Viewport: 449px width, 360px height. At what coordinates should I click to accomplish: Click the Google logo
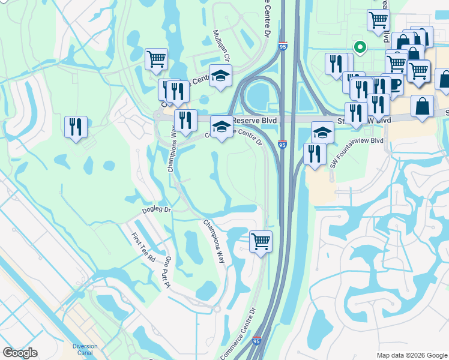pyautogui.click(x=20, y=353)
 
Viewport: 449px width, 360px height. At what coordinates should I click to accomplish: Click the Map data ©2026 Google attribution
pyautogui.click(x=412, y=355)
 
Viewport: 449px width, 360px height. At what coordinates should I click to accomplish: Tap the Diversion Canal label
pyautogui.click(x=85, y=349)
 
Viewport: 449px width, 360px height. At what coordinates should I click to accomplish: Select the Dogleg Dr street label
pyautogui.click(x=157, y=211)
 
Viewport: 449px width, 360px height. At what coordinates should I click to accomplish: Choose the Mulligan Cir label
pyautogui.click(x=222, y=46)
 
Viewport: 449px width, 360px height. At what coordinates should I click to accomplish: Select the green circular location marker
pyautogui.click(x=360, y=46)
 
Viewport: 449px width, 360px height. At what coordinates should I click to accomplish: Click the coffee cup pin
pyautogui.click(x=395, y=85)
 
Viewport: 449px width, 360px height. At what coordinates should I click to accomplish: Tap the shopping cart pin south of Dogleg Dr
pyautogui.click(x=261, y=242)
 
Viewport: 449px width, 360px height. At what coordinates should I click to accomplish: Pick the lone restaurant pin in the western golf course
pyautogui.click(x=76, y=127)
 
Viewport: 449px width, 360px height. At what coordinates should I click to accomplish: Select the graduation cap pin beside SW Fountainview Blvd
pyautogui.click(x=322, y=132)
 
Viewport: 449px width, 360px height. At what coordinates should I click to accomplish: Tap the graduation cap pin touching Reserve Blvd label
pyautogui.click(x=221, y=127)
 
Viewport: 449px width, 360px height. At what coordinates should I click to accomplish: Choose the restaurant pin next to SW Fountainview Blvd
pyautogui.click(x=315, y=154)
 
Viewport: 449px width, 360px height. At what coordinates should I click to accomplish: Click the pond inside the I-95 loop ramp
pyautogui.click(x=260, y=95)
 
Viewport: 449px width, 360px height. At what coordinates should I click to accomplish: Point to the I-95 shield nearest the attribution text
pyautogui.click(x=258, y=341)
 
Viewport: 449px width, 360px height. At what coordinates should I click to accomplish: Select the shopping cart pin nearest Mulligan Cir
pyautogui.click(x=156, y=59)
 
